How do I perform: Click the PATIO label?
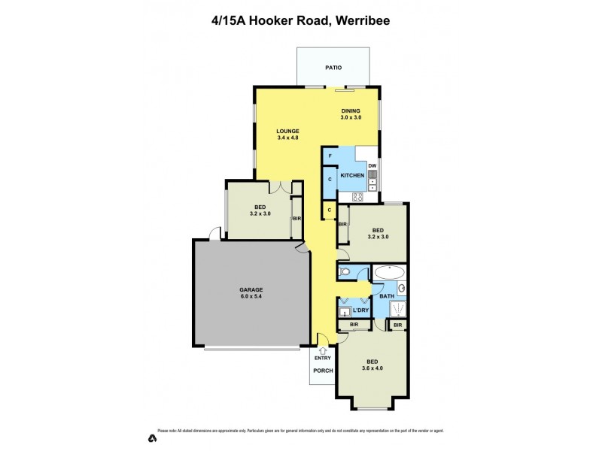click(x=333, y=68)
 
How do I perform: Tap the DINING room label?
click(x=351, y=111)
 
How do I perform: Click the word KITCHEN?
click(x=352, y=176)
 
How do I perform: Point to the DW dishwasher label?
click(x=372, y=165)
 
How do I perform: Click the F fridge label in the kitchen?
click(x=330, y=156)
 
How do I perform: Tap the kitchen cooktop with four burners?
click(x=357, y=198)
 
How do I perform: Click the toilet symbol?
click(x=345, y=272)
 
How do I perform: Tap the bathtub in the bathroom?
click(x=390, y=272)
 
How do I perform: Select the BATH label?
click(x=387, y=296)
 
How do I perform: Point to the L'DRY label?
click(x=360, y=310)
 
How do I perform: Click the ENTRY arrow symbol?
click(x=323, y=350)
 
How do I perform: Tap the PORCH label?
click(x=322, y=371)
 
